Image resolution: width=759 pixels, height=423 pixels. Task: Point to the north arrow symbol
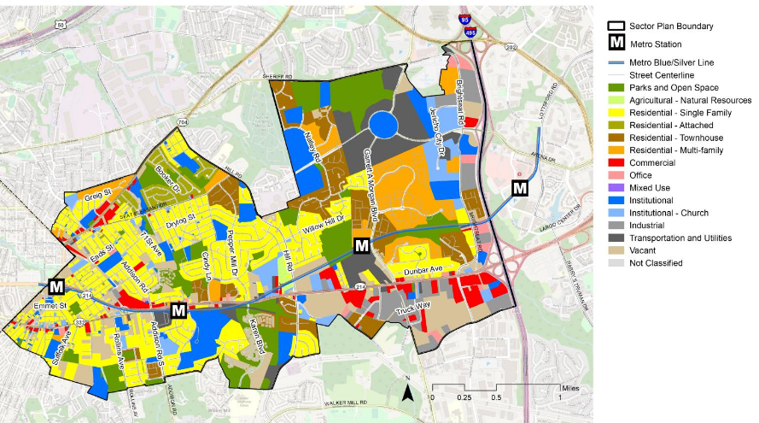408,392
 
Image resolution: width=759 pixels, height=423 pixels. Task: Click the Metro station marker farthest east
520,188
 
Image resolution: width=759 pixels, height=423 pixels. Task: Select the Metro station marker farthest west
57,286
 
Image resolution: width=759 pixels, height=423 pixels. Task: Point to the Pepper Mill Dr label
233,254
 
